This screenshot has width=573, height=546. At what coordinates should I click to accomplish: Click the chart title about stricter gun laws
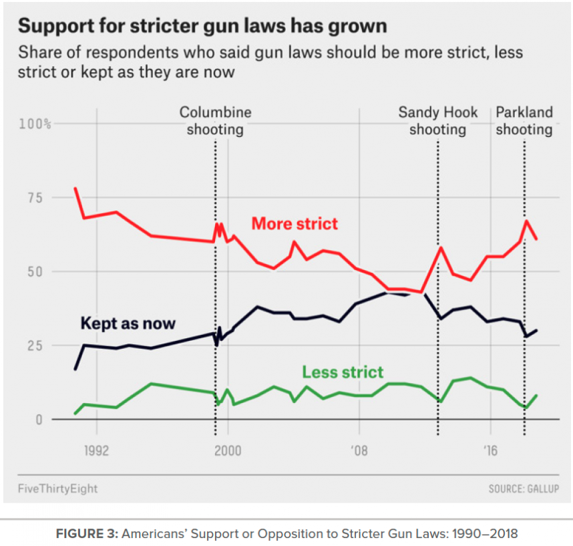(x=202, y=26)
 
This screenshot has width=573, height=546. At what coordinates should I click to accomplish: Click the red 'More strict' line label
(x=295, y=223)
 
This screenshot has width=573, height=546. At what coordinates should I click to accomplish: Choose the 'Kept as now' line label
(x=128, y=323)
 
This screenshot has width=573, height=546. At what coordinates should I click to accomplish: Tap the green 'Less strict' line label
(x=343, y=372)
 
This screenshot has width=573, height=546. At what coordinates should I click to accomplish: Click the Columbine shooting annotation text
(x=215, y=121)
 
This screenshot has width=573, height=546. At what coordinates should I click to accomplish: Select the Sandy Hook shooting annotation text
(x=438, y=121)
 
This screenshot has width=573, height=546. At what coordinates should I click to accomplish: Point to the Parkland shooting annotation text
(x=524, y=121)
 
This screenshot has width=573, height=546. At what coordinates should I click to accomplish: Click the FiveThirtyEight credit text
(x=58, y=489)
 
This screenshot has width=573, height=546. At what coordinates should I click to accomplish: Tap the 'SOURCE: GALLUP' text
(x=524, y=489)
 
